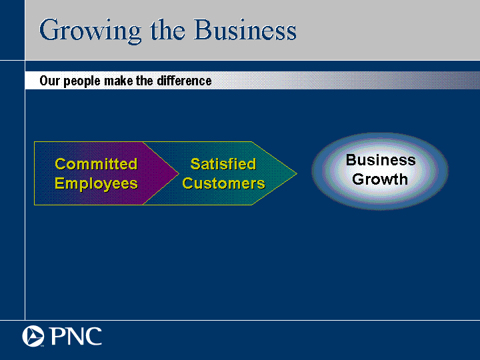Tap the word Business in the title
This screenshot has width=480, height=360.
tap(245, 29)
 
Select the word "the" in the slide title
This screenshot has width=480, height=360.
tap(167, 30)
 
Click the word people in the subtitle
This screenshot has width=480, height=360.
tap(82, 81)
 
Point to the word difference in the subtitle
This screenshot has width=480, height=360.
tap(184, 81)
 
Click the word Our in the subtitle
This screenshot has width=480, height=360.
tap(49, 81)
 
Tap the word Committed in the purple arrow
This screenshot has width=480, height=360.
tap(96, 164)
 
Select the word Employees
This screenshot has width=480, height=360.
tap(96, 184)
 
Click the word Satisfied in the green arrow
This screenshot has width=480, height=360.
tap(223, 164)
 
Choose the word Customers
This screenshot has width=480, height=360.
tap(223, 184)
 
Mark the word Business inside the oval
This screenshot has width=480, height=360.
tap(381, 160)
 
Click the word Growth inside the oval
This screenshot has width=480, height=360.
tap(380, 179)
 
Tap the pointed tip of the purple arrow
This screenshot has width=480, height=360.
tap(179, 173)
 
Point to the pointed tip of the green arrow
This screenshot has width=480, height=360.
tap(297, 173)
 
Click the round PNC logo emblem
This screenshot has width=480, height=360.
tap(33, 336)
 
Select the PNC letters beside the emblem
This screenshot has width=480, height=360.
tap(75, 336)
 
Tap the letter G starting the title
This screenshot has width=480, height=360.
tap(50, 30)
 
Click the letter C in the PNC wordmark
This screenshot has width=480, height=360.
tap(93, 336)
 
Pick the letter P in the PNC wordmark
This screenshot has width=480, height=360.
tap(56, 336)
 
